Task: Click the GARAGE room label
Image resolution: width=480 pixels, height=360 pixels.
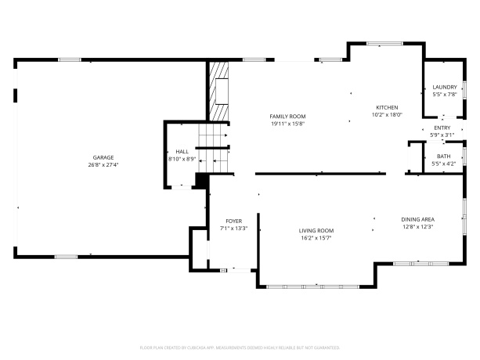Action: [103, 157]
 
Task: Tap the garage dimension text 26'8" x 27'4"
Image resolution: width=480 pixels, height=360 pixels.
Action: [103, 166]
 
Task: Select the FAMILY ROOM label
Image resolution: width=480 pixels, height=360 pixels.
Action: [287, 115]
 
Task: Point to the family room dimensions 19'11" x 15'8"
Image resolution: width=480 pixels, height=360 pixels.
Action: [287, 123]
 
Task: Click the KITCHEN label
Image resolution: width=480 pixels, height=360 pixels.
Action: [387, 107]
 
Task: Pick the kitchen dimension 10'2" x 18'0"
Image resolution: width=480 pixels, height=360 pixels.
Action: [387, 115]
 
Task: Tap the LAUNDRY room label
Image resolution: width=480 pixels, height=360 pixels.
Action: [445, 87]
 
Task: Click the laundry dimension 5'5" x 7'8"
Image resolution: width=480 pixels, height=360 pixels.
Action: [445, 95]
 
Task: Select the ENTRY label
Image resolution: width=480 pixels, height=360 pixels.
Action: [442, 128]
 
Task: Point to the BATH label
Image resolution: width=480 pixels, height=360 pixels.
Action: [443, 156]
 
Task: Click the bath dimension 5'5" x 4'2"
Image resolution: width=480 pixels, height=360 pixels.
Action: [443, 164]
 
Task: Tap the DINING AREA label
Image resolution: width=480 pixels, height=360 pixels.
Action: [418, 219]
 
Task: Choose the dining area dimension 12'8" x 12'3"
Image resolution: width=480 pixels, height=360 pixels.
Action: [418, 227]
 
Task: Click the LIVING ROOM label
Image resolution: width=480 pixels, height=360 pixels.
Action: [316, 230]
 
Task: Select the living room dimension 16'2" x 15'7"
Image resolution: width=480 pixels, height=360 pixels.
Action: [316, 238]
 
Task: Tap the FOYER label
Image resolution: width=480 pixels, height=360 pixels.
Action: [233, 221]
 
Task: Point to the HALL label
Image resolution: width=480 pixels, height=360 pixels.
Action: [182, 151]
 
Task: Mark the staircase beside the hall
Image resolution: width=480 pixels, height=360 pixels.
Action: [213, 149]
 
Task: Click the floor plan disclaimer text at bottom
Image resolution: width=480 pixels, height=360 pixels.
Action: [240, 346]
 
